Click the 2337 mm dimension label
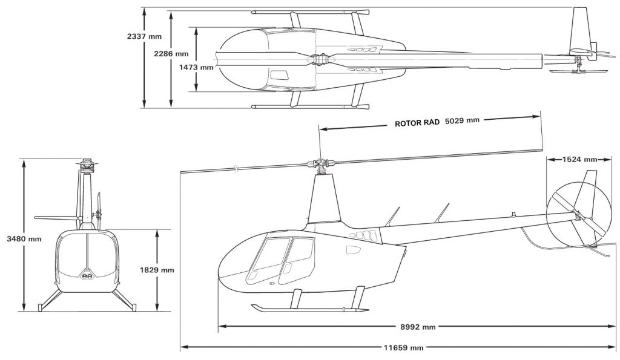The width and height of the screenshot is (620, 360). [144, 36]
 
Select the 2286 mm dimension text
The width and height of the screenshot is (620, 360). [171, 54]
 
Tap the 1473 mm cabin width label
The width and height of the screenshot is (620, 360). [196, 67]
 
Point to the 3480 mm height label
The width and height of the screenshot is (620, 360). [24, 238]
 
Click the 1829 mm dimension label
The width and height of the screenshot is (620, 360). [157, 270]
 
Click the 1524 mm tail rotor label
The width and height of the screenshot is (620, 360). [579, 159]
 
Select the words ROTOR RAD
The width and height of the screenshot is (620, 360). [417, 123]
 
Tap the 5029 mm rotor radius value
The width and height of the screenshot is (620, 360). [462, 120]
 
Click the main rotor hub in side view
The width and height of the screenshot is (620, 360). [321, 163]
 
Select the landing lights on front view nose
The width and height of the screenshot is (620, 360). [87, 275]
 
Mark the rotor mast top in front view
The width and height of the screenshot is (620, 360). [87, 164]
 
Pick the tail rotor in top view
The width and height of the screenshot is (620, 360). [579, 71]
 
